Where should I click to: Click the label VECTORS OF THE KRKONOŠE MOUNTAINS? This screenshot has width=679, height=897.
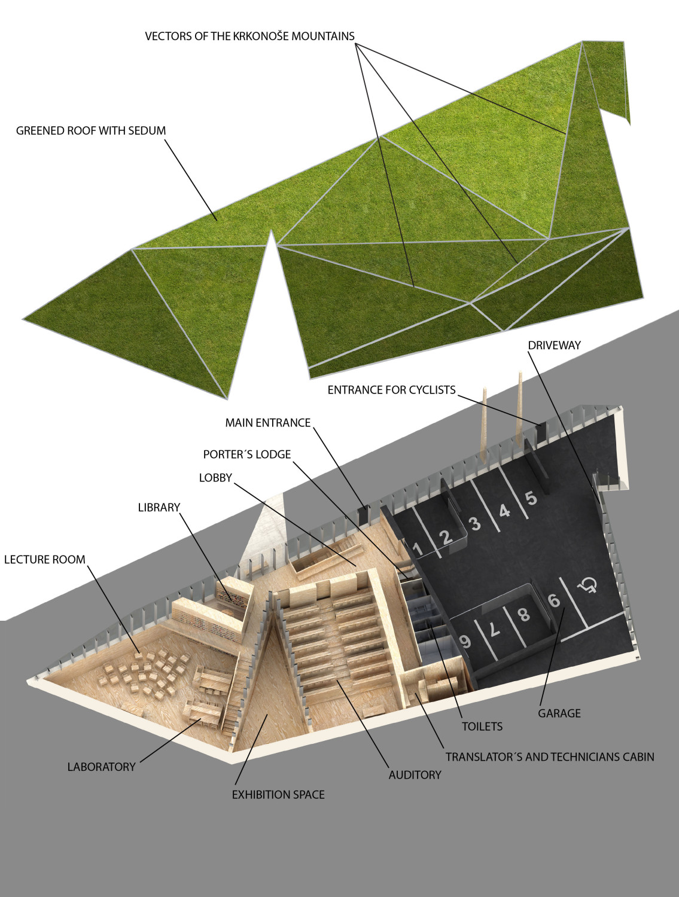point(250,36)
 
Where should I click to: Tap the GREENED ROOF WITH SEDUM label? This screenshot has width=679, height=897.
point(91,131)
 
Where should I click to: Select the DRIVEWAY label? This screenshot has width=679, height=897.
point(555,345)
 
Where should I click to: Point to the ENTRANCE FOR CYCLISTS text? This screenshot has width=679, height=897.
point(392,390)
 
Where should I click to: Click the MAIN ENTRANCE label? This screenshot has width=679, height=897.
point(268,423)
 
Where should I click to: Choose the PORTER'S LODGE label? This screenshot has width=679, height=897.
point(247,454)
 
